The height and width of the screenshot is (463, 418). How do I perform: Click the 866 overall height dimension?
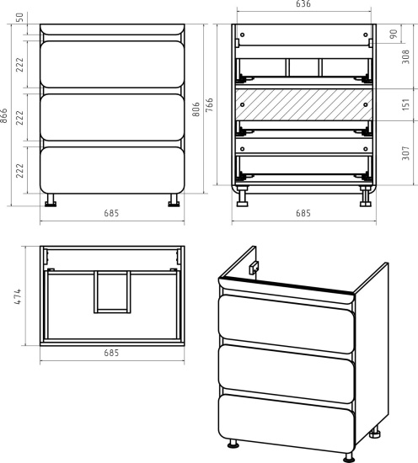coord(3,115)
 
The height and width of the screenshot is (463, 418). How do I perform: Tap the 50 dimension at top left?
coord(19,18)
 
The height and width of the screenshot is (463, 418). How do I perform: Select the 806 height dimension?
coord(196,109)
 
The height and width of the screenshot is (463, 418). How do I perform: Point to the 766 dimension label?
coord(209,104)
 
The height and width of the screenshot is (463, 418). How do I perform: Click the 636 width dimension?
coord(303,3)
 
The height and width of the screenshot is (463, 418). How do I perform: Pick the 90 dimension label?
coord(394,34)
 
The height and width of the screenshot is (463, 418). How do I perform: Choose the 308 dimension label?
coord(406,56)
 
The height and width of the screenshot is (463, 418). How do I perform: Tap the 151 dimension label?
coord(406,104)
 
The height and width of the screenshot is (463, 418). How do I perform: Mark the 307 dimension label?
coord(406,153)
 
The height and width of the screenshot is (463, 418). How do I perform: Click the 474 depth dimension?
coord(18,296)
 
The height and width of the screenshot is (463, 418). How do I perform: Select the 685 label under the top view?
coord(111,353)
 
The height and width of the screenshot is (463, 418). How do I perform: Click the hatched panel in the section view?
coord(304,104)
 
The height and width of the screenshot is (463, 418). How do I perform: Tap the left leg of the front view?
coord(51,200)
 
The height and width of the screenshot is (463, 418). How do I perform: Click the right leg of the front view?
coord(174,200)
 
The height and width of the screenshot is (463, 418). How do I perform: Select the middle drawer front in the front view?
coord(112,117)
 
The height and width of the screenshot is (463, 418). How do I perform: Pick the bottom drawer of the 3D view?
coord(287,423)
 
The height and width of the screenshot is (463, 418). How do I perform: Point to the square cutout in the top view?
coord(112,292)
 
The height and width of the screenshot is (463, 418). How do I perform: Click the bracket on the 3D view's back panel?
coord(254,268)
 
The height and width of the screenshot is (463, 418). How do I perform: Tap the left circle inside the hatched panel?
coord(243,104)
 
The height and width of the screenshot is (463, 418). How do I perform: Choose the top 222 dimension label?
coord(19,65)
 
